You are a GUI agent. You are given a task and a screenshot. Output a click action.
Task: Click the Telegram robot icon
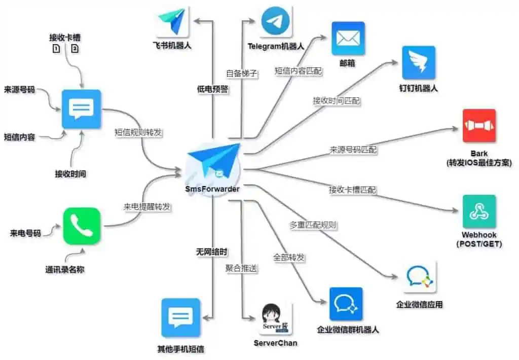(276, 21)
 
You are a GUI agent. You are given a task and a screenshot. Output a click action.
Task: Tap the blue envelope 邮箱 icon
(348, 38)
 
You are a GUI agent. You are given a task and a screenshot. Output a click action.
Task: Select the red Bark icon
(479, 126)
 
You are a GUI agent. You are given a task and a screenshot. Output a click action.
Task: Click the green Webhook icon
(479, 211)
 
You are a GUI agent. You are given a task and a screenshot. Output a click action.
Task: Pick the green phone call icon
(82, 226)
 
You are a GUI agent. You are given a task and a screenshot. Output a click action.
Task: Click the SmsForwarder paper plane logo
(213, 163)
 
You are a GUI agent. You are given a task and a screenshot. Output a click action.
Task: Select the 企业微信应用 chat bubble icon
(419, 278)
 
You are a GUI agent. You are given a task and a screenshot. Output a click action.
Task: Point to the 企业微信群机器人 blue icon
(346, 304)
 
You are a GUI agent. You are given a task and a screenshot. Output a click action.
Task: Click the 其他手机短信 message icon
(180, 318)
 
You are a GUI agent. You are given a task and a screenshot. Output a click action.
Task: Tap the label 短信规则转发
(138, 132)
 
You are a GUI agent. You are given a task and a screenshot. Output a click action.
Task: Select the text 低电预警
(212, 89)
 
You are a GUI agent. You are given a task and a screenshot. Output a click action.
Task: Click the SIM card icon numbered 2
(75, 49)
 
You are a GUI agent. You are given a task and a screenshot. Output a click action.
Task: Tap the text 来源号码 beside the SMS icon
(19, 90)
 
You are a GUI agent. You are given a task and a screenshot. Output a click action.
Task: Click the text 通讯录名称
(65, 269)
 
